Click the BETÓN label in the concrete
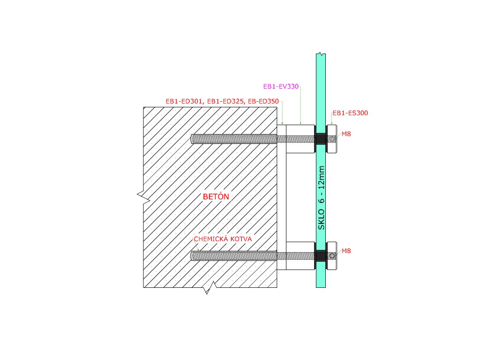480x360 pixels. pyautogui.click(x=216, y=197)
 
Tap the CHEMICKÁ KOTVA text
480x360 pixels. pyautogui.click(x=223, y=239)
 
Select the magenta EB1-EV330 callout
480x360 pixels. pyautogui.click(x=281, y=87)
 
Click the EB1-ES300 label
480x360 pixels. pyautogui.click(x=350, y=113)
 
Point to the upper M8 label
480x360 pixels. pyautogui.click(x=346, y=134)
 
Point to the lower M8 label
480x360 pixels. pyautogui.click(x=346, y=251)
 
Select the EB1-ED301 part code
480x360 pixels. pyautogui.click(x=185, y=101)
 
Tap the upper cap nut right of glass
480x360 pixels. pyautogui.click(x=331, y=139)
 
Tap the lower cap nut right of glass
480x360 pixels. pyautogui.click(x=331, y=255)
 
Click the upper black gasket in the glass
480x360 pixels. pyautogui.click(x=321, y=139)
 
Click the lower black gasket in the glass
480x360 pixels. pyautogui.click(x=321, y=255)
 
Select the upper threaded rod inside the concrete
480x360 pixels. pyautogui.click(x=234, y=139)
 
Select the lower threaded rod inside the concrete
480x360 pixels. pyautogui.click(x=234, y=255)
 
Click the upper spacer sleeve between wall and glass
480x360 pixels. pyautogui.click(x=300, y=139)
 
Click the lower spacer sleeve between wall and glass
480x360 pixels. pyautogui.click(x=300, y=255)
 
